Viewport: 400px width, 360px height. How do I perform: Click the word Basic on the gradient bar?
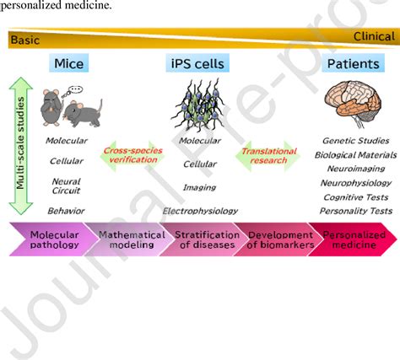(x=27, y=39)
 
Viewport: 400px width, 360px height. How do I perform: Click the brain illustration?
(x=355, y=104)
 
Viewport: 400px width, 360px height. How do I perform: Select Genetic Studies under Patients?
(x=355, y=141)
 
